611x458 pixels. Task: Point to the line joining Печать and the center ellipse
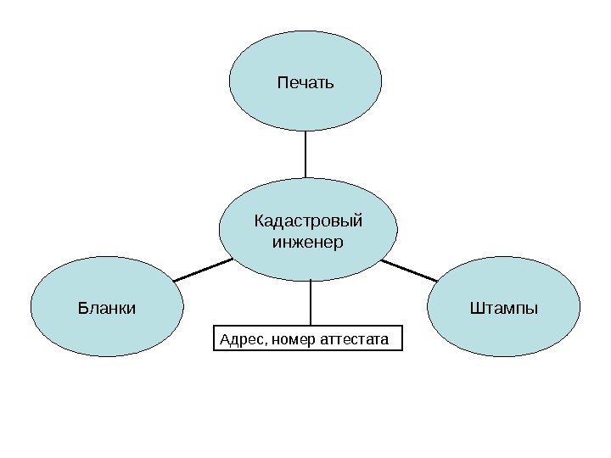[x=305, y=154]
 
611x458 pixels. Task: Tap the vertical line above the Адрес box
[x=311, y=302]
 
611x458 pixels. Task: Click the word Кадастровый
[x=308, y=221]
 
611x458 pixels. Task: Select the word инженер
[x=307, y=243]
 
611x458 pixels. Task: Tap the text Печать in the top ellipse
[x=305, y=83]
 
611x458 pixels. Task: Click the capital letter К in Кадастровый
[x=259, y=221]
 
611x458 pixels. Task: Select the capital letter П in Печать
[x=282, y=83]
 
